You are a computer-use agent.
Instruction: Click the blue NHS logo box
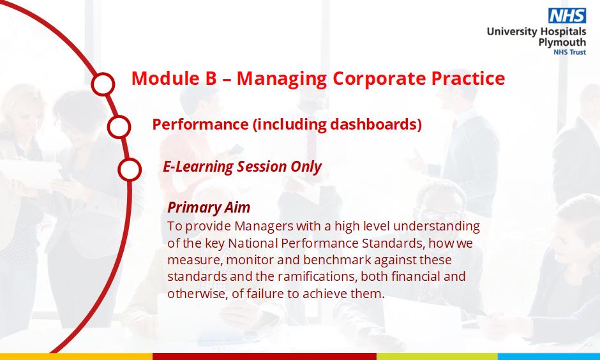click(x=567, y=16)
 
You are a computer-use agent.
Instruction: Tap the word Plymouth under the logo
click(x=562, y=43)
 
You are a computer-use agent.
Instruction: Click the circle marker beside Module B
click(x=103, y=84)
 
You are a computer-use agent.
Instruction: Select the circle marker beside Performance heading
click(x=119, y=126)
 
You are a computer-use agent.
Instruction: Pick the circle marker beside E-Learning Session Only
click(x=130, y=170)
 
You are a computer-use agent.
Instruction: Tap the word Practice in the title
click(x=468, y=78)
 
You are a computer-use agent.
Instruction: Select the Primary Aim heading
click(x=209, y=207)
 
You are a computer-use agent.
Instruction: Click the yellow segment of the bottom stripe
click(x=76, y=357)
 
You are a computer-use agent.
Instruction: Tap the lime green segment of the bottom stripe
click(x=437, y=357)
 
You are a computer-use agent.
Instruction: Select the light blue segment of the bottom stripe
click(x=549, y=357)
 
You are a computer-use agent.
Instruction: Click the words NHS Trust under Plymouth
click(x=569, y=52)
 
